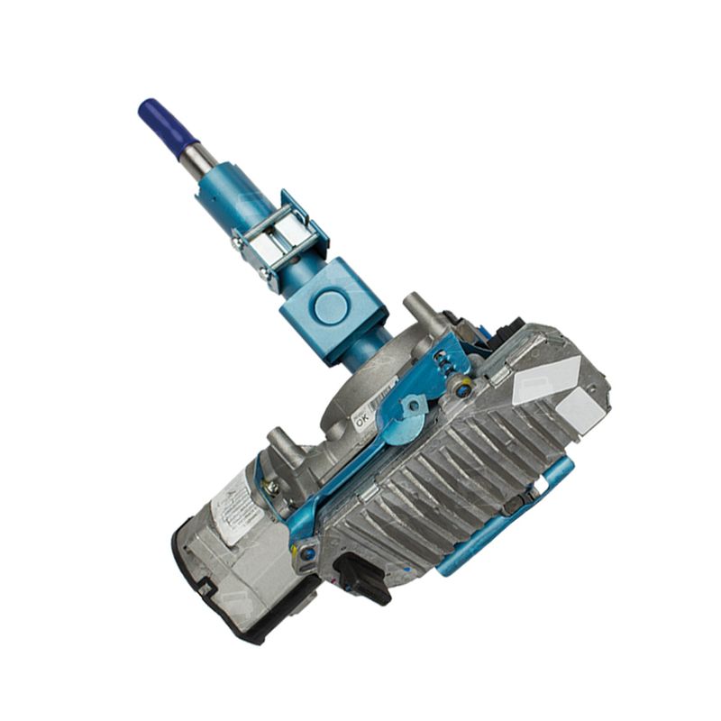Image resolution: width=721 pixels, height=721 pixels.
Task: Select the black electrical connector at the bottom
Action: point(362,577)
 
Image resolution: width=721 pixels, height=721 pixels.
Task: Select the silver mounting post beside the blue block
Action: point(417,311)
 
